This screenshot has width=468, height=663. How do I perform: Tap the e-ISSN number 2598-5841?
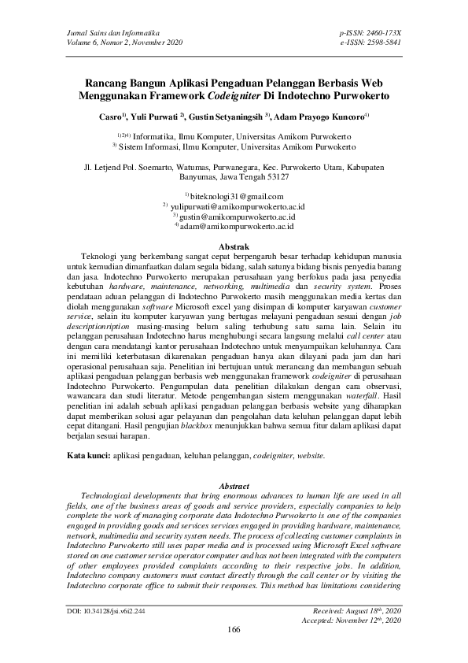pyautogui.click(x=380, y=42)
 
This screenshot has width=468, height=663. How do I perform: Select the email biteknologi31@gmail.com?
pyautogui.click(x=237, y=195)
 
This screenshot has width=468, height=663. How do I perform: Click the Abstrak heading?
pyautogui.click(x=234, y=247)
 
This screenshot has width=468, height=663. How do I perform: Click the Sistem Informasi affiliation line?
pyautogui.click(x=234, y=146)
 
